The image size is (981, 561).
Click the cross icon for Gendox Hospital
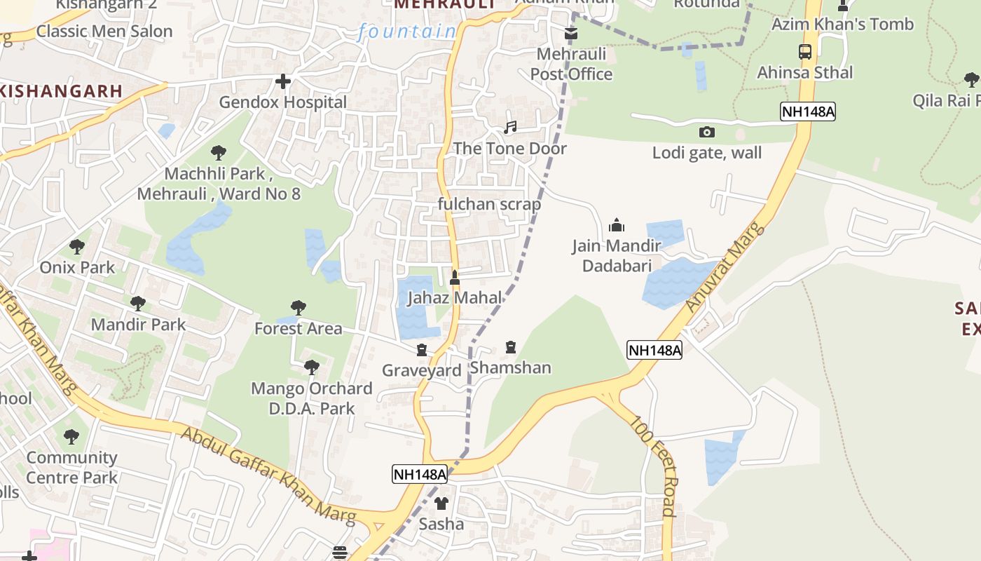[x=283, y=82]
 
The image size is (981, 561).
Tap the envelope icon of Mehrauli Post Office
[x=571, y=34]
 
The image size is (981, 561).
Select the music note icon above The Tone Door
[x=510, y=128]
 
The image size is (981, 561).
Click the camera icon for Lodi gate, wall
[x=707, y=132]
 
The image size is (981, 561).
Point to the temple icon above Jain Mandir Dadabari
[x=617, y=225]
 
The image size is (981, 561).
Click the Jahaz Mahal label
[x=455, y=297]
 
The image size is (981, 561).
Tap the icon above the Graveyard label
[x=422, y=349]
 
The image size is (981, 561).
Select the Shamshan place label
[x=510, y=367]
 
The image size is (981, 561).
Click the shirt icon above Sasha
[x=441, y=503]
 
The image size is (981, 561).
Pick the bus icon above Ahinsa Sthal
[x=804, y=51]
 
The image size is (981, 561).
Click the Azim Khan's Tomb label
[x=842, y=25]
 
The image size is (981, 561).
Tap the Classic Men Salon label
[x=104, y=31]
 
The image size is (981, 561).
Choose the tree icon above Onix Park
[x=77, y=247]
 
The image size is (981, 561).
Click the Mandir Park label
[x=139, y=324]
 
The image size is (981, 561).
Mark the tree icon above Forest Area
[x=299, y=308]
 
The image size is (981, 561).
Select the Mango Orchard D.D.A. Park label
[x=312, y=398]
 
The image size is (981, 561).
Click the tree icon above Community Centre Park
[x=71, y=437]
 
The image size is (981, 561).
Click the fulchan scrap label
[x=489, y=205]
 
